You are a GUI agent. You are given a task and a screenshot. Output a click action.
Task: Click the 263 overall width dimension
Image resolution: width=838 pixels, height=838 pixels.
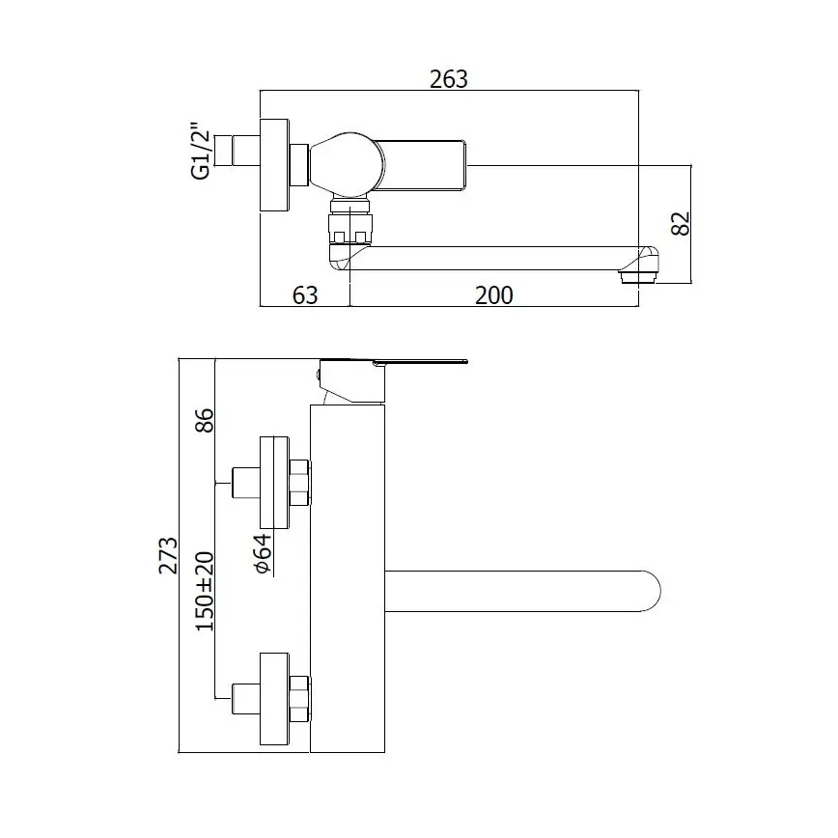(x=448, y=79)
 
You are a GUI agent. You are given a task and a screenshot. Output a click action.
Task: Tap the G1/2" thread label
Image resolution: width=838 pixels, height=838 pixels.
(x=201, y=151)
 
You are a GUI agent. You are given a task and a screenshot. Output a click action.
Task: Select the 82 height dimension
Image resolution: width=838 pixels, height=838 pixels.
(x=681, y=223)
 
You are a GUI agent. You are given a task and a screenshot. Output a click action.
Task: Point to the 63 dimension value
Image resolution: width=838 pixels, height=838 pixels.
(x=305, y=295)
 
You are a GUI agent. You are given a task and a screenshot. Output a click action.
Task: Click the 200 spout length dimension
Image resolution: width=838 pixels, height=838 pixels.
(x=493, y=295)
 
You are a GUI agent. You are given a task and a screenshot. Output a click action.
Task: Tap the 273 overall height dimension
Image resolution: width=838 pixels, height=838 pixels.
(x=169, y=556)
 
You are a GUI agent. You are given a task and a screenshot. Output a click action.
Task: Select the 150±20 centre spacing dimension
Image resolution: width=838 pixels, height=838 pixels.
(x=204, y=592)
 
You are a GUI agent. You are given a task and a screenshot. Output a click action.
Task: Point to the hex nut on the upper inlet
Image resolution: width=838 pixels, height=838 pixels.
(x=299, y=483)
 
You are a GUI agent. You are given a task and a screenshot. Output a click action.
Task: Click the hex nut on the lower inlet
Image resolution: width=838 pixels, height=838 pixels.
(x=299, y=698)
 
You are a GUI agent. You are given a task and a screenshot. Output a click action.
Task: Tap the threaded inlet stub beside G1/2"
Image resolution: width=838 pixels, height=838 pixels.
(x=238, y=153)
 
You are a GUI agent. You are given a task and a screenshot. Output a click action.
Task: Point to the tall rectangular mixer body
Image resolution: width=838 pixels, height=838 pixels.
(x=348, y=579)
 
